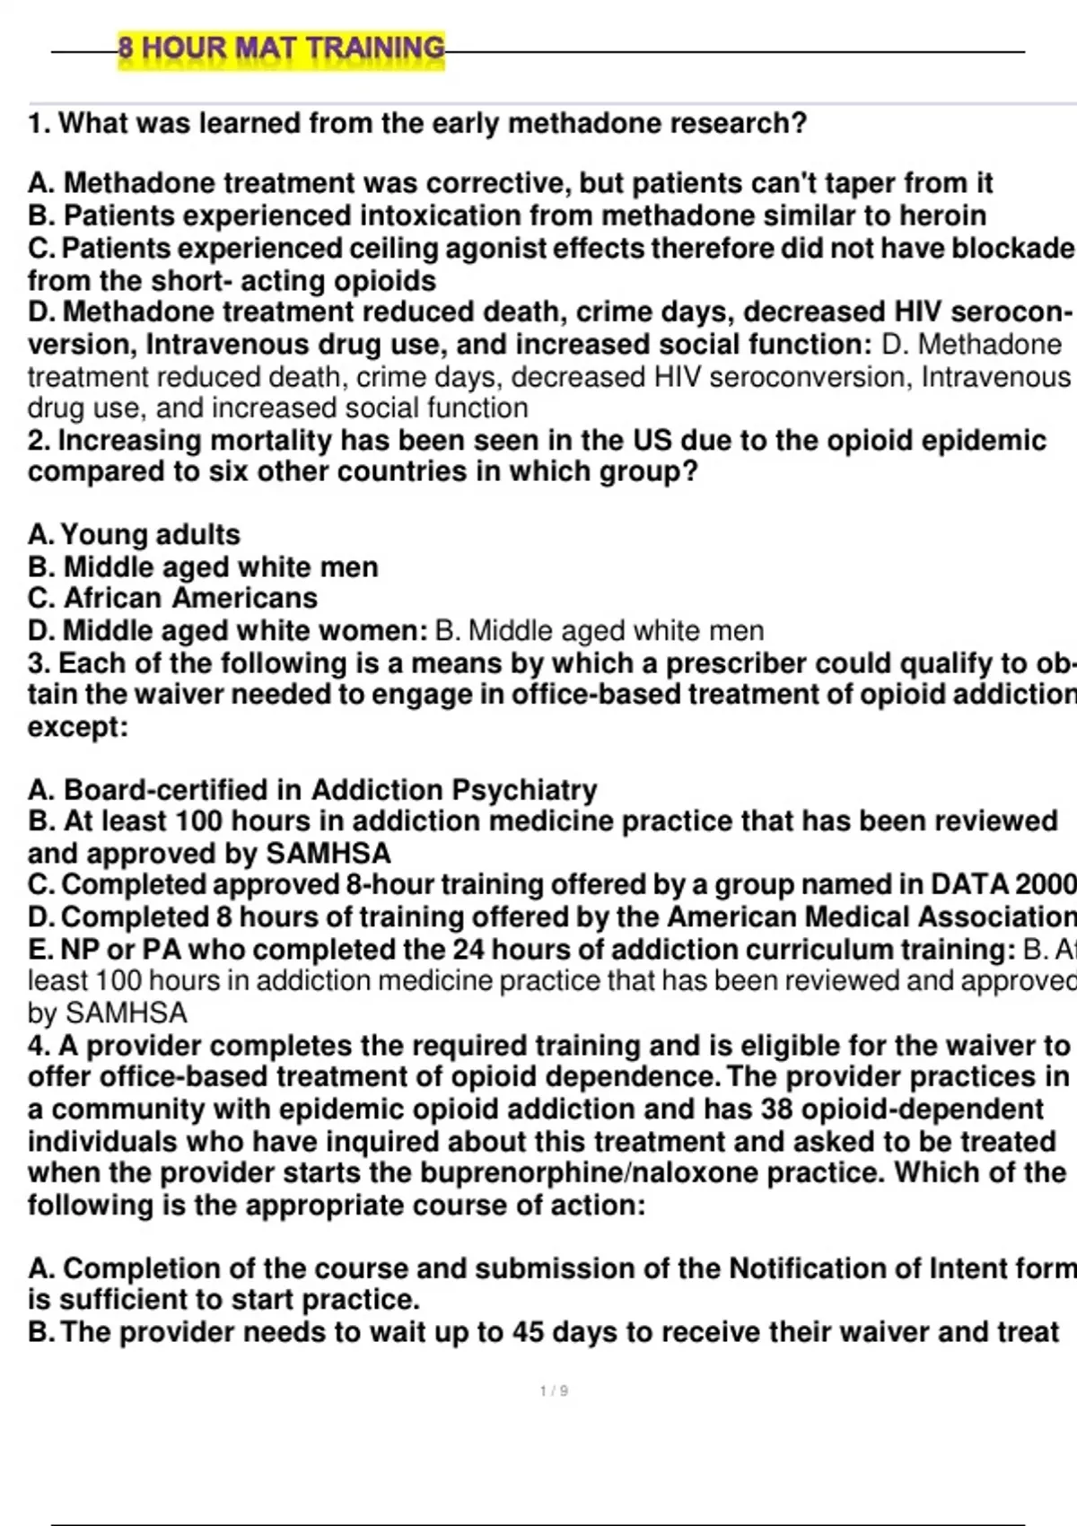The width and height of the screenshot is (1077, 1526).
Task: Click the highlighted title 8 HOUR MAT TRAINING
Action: [281, 48]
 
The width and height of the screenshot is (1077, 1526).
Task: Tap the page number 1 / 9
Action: [554, 1390]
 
